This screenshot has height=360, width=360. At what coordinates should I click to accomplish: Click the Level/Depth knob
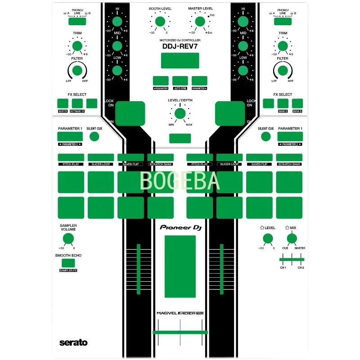tap(180, 113)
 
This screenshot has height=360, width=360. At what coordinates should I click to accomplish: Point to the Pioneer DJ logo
tap(180, 228)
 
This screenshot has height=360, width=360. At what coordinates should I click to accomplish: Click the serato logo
tap(73, 343)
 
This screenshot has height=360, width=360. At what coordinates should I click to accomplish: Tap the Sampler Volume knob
tap(68, 239)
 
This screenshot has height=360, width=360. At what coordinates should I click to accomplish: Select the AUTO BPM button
tap(180, 81)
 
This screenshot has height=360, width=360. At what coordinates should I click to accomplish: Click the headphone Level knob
tap(267, 238)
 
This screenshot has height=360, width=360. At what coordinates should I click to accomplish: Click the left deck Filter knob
tap(77, 70)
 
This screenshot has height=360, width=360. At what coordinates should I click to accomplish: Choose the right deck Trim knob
tap(283, 45)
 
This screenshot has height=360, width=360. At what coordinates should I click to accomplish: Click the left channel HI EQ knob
tap(117, 22)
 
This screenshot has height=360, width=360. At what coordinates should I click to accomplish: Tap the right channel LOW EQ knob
tap(243, 70)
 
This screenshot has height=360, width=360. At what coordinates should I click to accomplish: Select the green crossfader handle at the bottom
tap(180, 332)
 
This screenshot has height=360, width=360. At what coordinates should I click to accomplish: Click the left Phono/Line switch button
tap(77, 21)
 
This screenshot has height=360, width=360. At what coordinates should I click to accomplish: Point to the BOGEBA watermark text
tap(180, 181)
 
